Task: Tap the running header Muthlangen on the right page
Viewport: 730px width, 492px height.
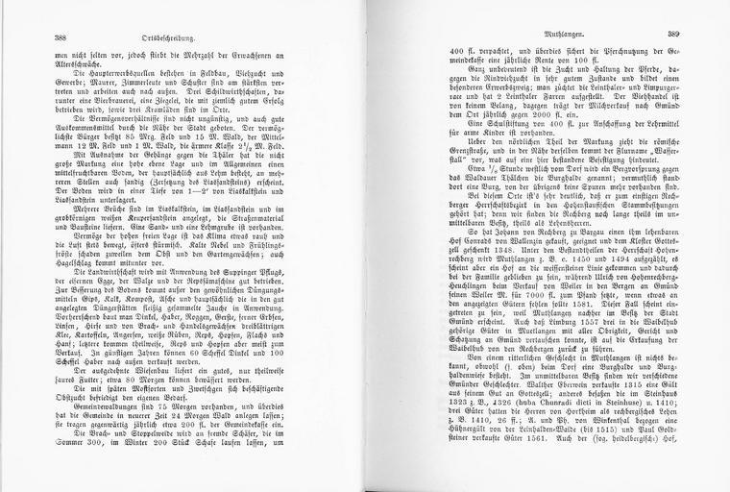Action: coord(547,35)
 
